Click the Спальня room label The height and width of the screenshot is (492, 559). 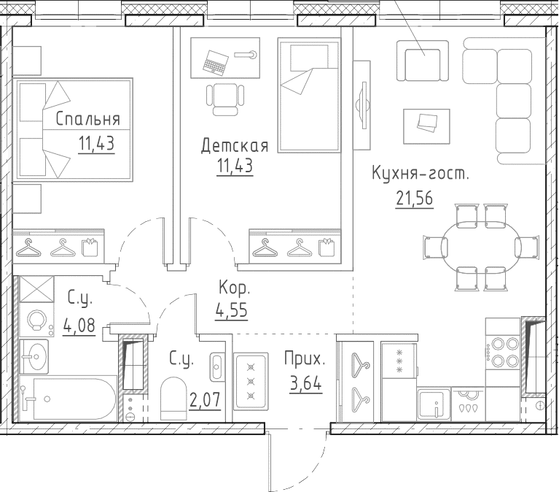[x=87, y=119]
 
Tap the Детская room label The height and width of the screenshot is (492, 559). [x=235, y=146]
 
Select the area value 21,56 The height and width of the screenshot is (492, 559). [x=414, y=198]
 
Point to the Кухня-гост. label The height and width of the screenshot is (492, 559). [x=421, y=174]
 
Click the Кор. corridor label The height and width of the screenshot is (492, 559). [x=234, y=288]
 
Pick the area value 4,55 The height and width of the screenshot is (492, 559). [x=231, y=310]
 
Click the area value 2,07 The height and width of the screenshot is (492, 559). [x=205, y=400]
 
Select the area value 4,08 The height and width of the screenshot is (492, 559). [x=79, y=325]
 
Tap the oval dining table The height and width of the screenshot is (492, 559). [x=481, y=246]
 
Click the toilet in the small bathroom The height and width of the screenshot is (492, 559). [x=173, y=399]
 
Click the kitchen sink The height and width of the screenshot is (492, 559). [x=434, y=404]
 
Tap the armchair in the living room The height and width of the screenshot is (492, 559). [x=423, y=61]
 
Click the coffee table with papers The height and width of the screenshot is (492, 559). [x=426, y=126]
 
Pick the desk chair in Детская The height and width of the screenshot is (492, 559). [x=225, y=99]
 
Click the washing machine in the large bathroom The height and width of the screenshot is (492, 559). [x=36, y=320]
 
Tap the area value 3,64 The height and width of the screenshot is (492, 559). [x=306, y=384]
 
